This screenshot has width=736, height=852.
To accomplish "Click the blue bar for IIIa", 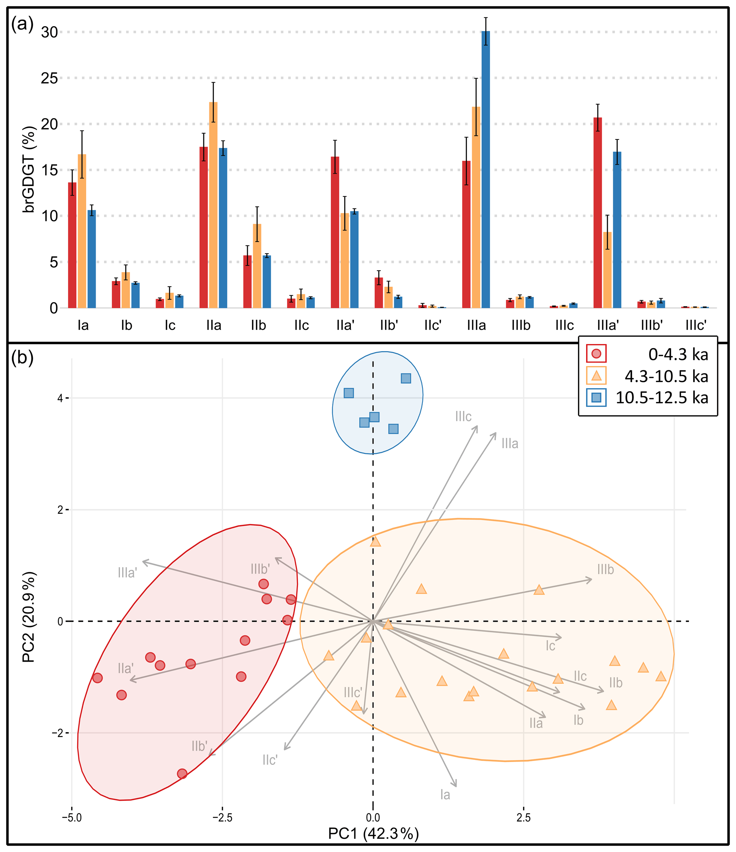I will pyautogui.click(x=486, y=169).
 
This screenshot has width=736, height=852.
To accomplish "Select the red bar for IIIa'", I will pyautogui.click(x=598, y=213).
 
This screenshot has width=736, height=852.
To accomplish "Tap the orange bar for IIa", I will pyautogui.click(x=213, y=205).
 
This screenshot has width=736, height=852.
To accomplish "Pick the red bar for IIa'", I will pyautogui.click(x=335, y=232).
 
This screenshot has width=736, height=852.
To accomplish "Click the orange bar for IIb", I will pyautogui.click(x=257, y=266).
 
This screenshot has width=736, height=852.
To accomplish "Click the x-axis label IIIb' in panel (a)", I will pyautogui.click(x=652, y=326).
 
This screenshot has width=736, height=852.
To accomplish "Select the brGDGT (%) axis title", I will pyautogui.click(x=29, y=169).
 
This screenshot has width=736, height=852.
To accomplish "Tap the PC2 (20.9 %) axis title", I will pyautogui.click(x=29, y=617).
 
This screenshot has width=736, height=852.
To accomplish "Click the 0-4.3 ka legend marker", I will pyautogui.click(x=596, y=354).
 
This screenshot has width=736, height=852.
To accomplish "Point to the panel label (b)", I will pyautogui.click(x=22, y=358).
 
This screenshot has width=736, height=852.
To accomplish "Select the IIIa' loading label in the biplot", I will pyautogui.click(x=127, y=573).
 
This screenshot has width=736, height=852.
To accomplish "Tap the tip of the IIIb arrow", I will pyautogui.click(x=592, y=580).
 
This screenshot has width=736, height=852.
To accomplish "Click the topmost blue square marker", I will pyautogui.click(x=406, y=378).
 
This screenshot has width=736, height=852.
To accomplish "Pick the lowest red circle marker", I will pyautogui.click(x=182, y=774).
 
